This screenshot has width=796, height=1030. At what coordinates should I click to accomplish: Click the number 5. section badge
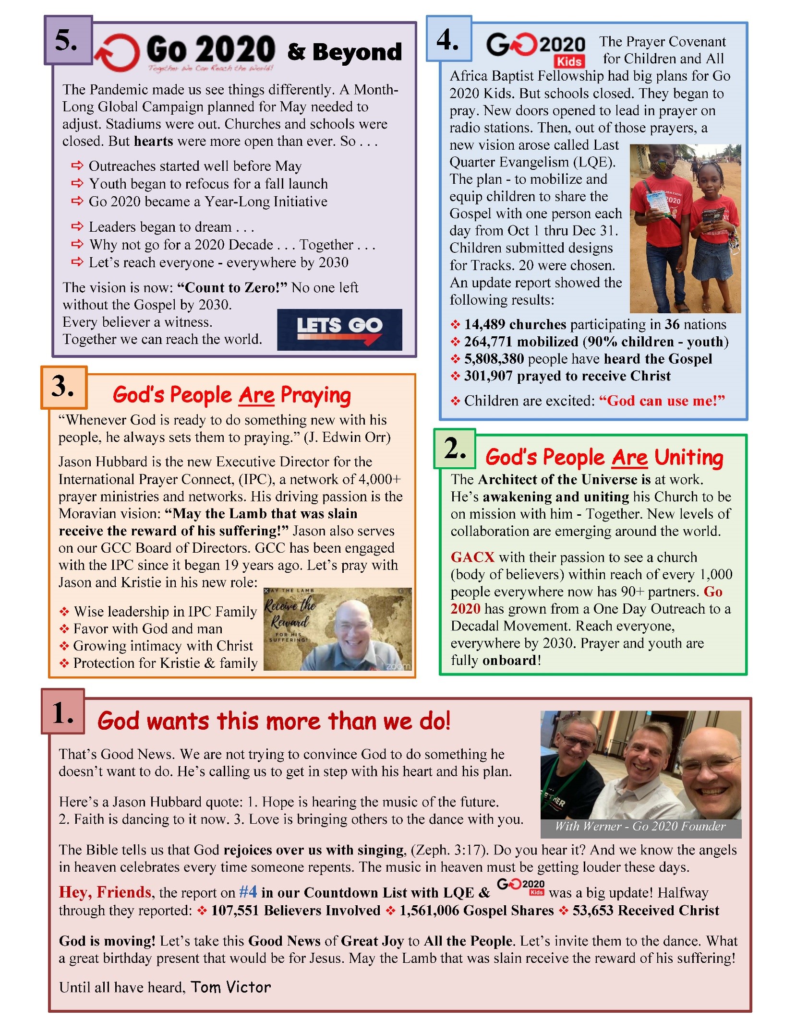(68, 40)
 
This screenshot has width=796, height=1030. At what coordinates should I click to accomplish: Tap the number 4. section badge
(448, 39)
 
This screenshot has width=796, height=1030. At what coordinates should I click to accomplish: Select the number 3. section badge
(64, 387)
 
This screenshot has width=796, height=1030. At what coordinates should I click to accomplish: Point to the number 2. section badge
(454, 449)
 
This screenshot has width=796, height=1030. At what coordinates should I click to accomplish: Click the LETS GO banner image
(339, 329)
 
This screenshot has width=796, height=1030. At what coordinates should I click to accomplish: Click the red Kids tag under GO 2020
(569, 61)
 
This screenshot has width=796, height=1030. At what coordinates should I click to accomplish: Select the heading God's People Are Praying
(232, 395)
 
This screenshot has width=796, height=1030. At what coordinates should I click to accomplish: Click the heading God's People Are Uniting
(604, 457)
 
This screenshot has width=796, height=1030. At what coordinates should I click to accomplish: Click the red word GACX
(472, 557)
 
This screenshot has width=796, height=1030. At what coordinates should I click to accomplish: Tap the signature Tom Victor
(230, 987)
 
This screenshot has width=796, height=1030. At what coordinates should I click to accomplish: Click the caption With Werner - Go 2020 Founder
(640, 826)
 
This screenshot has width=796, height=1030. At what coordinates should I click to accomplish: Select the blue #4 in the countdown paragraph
(248, 892)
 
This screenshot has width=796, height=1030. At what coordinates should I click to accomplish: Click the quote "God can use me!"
(662, 401)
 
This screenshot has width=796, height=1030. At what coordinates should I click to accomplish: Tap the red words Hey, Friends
(105, 892)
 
